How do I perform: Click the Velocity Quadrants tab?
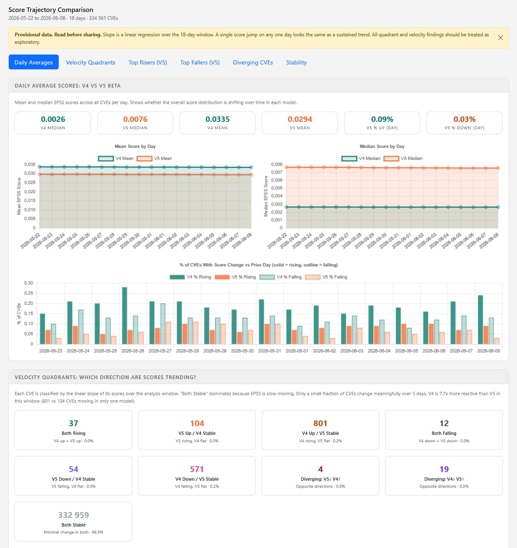[91, 62]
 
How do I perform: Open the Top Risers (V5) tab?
[148, 62]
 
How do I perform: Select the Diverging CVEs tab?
[253, 62]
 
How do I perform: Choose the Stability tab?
[297, 62]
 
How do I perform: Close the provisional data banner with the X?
[500, 38]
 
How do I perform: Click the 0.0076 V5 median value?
[135, 119]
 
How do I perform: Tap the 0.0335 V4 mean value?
[217, 119]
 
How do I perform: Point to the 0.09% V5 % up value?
[382, 119]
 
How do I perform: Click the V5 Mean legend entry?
[154, 159]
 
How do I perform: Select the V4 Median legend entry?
[361, 159]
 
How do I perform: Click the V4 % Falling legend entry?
[280, 277]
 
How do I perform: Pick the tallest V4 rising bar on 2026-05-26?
[124, 316]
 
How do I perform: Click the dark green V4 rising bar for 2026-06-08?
[481, 320]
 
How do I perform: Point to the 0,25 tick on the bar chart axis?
[29, 293]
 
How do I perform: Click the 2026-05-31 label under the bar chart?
[270, 351]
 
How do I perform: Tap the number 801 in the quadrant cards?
[320, 423]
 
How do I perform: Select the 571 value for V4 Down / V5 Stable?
[197, 469]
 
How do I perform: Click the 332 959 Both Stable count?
[74, 515]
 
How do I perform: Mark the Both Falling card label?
[444, 433]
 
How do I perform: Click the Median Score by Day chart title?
[382, 146]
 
